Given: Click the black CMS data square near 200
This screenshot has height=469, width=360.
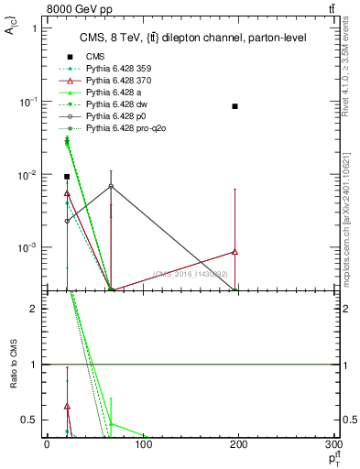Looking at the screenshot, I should (x=235, y=106).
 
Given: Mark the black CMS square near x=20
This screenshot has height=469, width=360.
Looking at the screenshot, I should (x=67, y=176).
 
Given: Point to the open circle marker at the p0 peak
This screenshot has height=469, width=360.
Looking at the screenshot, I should (x=111, y=186).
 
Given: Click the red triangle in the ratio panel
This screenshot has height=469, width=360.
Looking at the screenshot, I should (x=67, y=406).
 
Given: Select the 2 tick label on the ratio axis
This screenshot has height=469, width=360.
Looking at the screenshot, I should (x=37, y=309).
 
